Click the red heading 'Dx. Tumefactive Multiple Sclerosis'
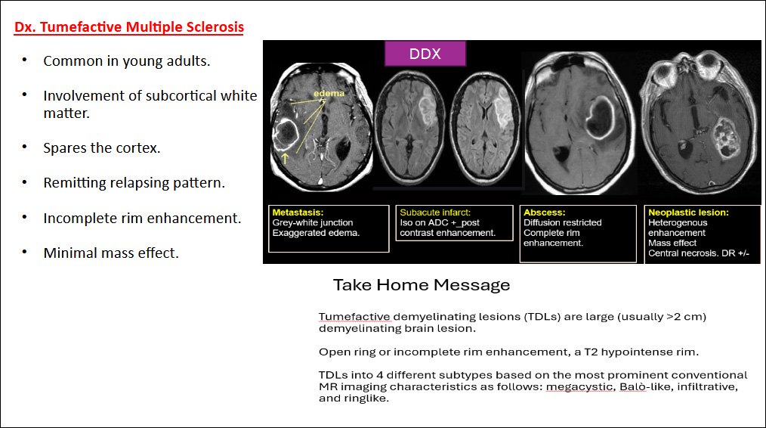(129, 28)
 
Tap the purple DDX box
(425, 54)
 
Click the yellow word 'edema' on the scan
(330, 94)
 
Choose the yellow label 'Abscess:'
(544, 212)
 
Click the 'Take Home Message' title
(422, 285)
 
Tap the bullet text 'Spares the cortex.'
(102, 148)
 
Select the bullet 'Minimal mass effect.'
(111, 253)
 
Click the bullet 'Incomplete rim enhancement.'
(142, 219)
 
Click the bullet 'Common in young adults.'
(127, 61)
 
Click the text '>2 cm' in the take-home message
(686, 316)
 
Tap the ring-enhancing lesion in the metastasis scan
(287, 134)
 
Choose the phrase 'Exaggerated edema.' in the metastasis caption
(317, 233)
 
